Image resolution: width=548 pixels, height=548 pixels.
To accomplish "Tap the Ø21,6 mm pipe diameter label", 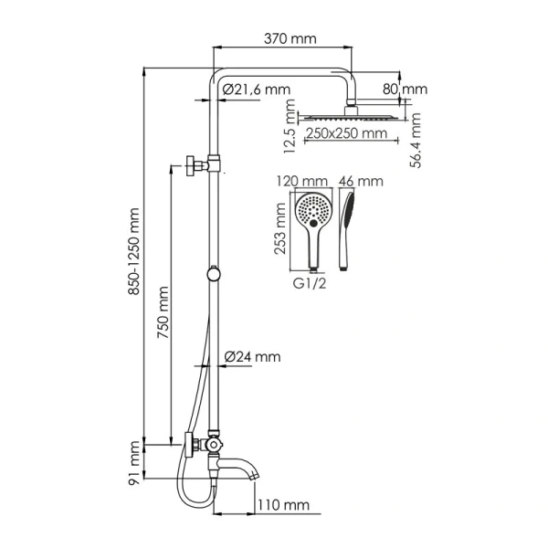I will [x=255, y=89].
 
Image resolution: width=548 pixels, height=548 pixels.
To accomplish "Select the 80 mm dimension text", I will [x=405, y=90].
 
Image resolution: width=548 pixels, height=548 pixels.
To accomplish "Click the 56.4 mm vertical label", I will [x=415, y=141].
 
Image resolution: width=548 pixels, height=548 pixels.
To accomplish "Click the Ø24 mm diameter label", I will [x=251, y=356].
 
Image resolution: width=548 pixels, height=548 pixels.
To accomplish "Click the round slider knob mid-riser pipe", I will [x=214, y=271].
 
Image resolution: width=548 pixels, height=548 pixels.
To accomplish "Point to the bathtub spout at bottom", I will [x=242, y=471].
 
